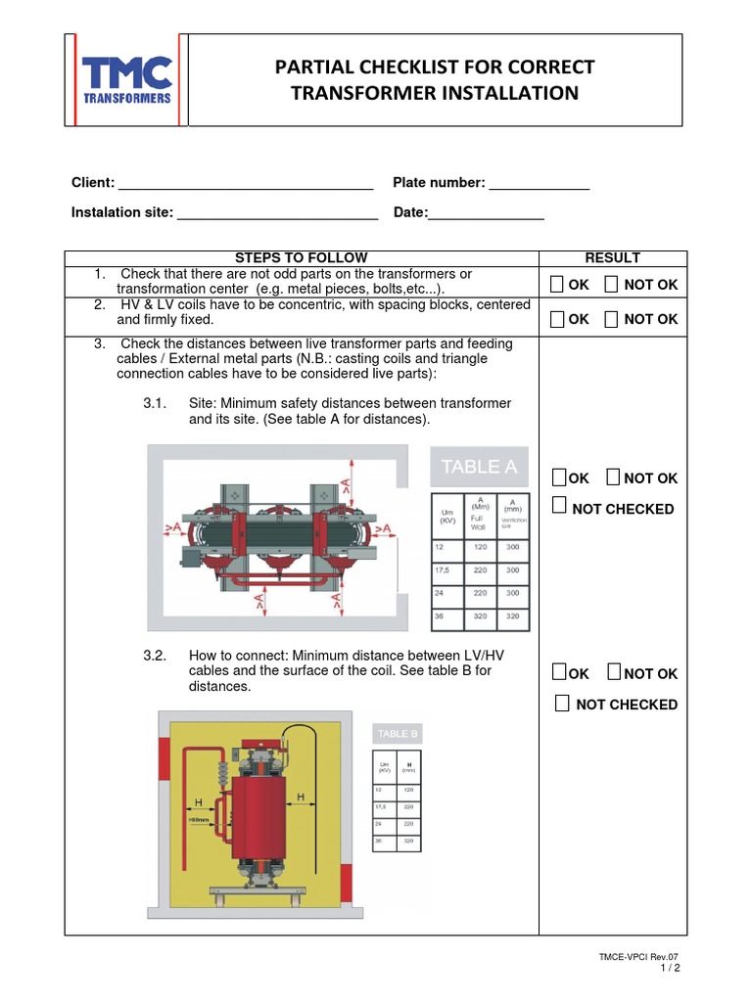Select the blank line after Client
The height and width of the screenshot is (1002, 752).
[245, 184]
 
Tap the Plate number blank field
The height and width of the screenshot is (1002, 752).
[539, 184]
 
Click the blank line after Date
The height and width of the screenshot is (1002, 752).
[487, 213]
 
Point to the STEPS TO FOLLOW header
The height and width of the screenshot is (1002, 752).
[302, 257]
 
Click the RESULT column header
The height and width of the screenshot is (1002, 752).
[612, 257]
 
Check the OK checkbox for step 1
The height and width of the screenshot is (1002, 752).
[557, 285]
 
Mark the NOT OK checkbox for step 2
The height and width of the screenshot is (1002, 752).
[612, 319]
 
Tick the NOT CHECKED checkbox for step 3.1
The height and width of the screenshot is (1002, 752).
[559, 506]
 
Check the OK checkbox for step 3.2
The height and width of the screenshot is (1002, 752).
[558, 672]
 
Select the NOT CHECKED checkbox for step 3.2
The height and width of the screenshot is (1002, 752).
[562, 704]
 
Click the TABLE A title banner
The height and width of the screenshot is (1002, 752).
[479, 467]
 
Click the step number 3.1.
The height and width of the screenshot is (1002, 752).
[156, 404]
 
